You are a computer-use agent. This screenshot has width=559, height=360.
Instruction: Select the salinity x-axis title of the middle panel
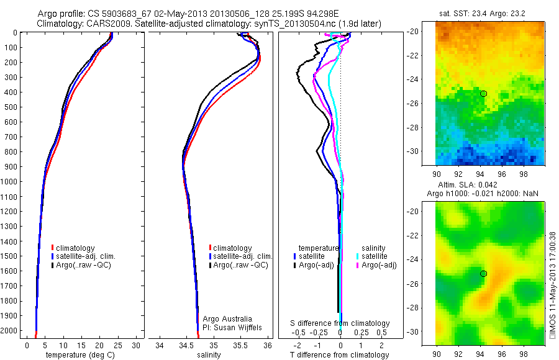[x=209, y=355]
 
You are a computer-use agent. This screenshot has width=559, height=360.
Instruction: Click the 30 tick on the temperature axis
[x=137, y=344]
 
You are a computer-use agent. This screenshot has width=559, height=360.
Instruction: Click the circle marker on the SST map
[x=483, y=94]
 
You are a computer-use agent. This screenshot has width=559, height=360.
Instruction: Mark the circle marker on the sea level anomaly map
[x=483, y=274]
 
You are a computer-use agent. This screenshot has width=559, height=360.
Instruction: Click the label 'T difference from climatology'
[x=340, y=355]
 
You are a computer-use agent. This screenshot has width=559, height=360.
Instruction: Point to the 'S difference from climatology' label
[x=340, y=323]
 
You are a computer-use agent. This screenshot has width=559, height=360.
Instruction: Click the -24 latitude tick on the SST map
[x=428, y=79]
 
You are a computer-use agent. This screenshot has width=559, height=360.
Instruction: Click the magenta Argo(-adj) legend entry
[x=379, y=265]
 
